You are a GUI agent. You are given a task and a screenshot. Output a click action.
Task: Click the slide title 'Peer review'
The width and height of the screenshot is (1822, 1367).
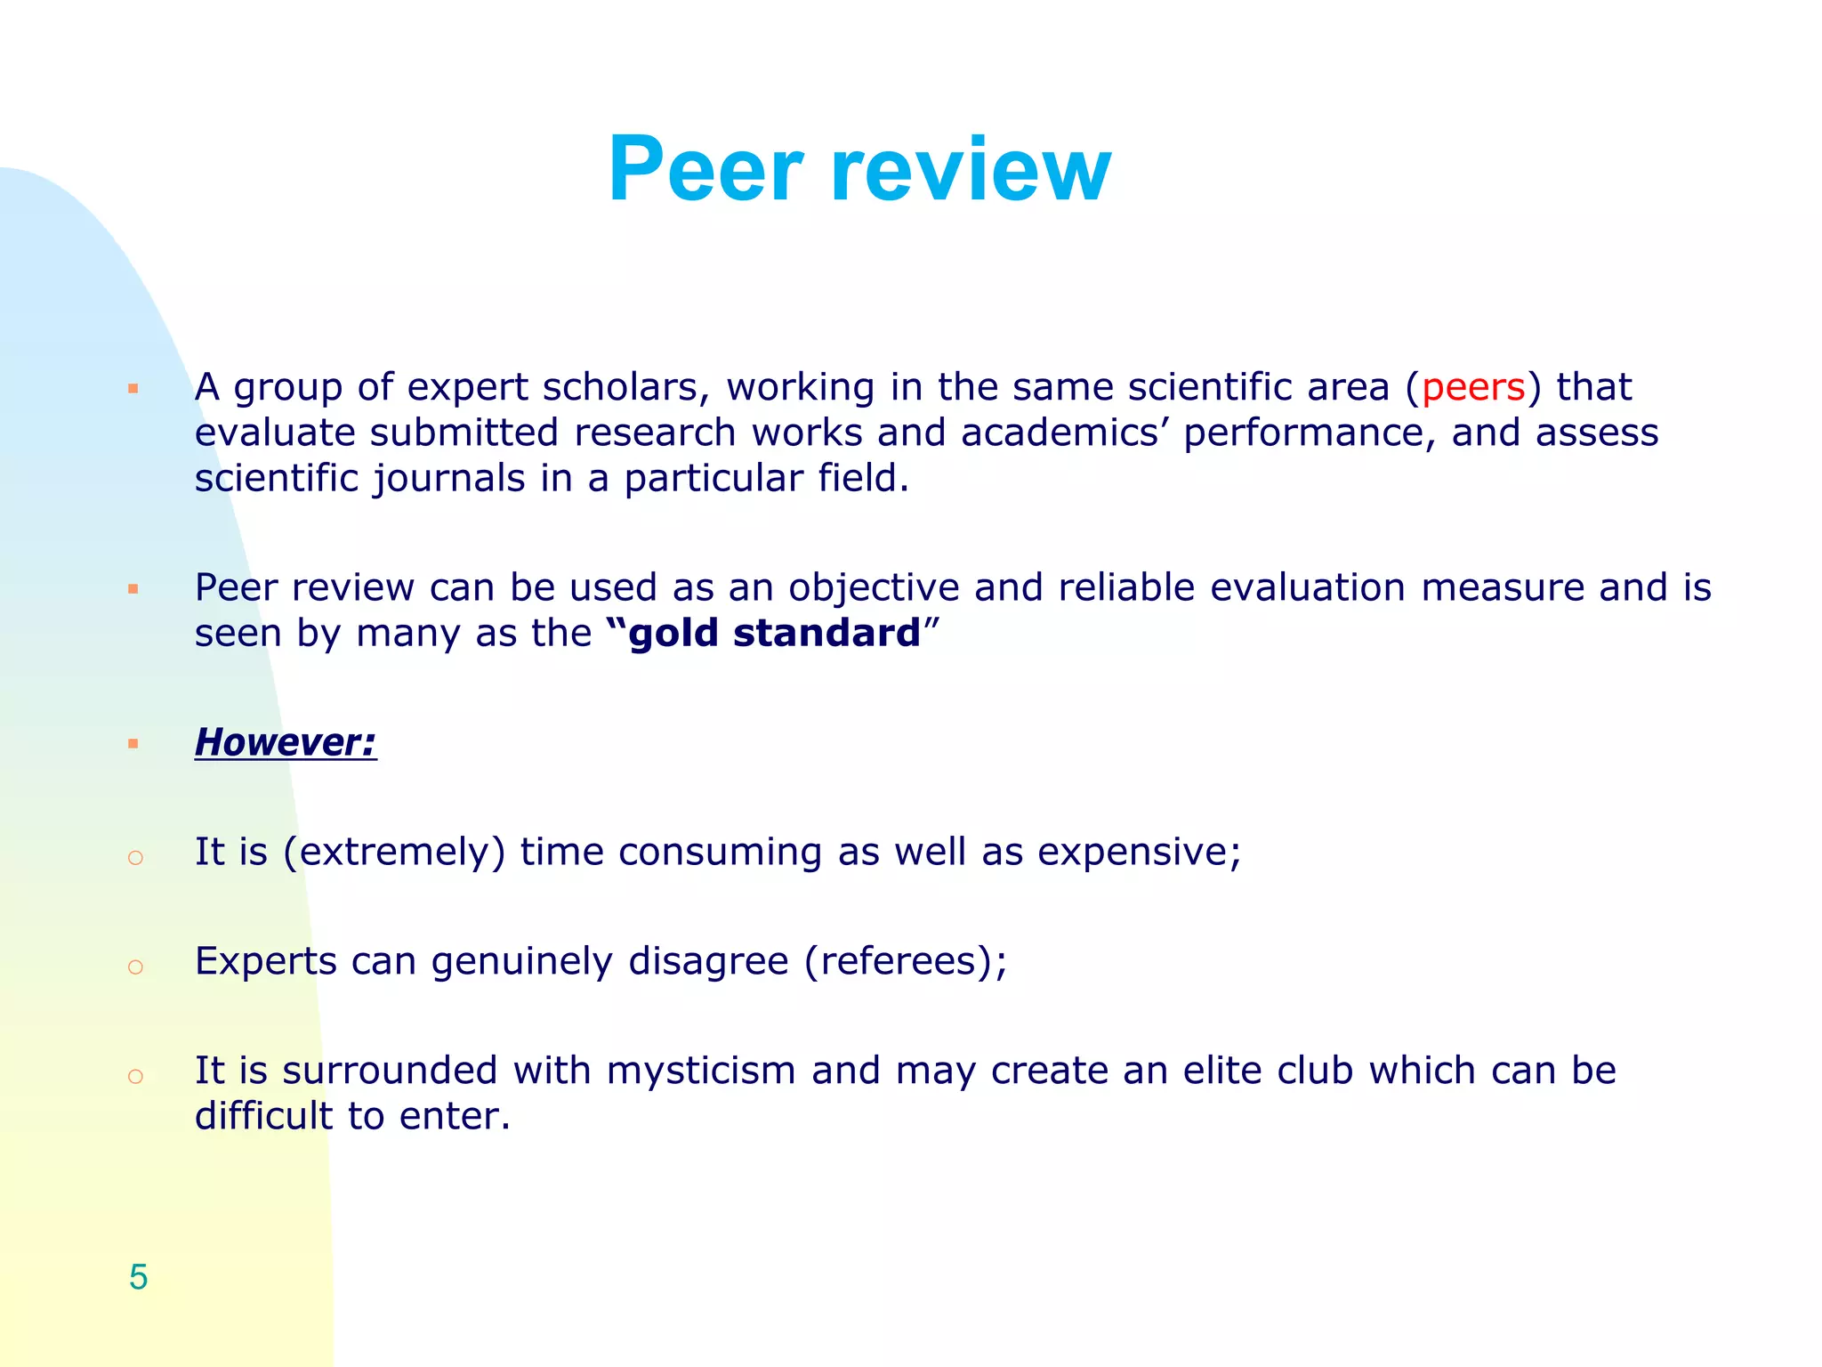coord(859,169)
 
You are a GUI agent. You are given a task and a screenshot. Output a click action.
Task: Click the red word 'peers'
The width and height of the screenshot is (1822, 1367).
coord(1473,388)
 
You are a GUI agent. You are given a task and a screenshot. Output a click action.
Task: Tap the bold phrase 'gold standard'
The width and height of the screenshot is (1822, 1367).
coord(774,634)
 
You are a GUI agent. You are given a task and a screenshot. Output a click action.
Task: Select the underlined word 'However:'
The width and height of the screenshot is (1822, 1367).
coord(286,742)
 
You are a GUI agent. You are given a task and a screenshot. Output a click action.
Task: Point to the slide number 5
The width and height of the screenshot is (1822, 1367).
coord(138,1277)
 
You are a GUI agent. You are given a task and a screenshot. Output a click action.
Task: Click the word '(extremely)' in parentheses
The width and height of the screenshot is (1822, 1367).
coord(394,853)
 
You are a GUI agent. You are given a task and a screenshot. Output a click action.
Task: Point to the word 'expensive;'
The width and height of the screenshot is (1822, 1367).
coord(1139,853)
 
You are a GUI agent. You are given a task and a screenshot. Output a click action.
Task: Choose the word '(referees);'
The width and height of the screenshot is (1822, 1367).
coord(906,962)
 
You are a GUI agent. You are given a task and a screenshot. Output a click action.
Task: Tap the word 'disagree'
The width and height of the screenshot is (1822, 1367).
coord(708,962)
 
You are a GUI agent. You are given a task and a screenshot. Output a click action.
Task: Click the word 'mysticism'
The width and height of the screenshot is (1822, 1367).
coord(700,1071)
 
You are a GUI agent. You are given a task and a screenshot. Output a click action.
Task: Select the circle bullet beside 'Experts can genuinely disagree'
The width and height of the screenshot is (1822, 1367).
coord(135,967)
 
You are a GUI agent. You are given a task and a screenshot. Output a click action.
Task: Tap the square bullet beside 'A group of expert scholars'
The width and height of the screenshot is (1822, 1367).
coord(133,389)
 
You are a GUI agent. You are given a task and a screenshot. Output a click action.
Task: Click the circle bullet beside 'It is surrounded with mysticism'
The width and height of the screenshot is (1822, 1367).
coord(135,1077)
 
